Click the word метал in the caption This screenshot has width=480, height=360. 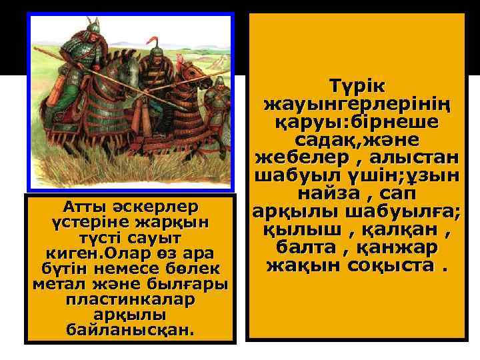click(x=57, y=285)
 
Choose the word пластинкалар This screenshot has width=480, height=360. click(x=129, y=300)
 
